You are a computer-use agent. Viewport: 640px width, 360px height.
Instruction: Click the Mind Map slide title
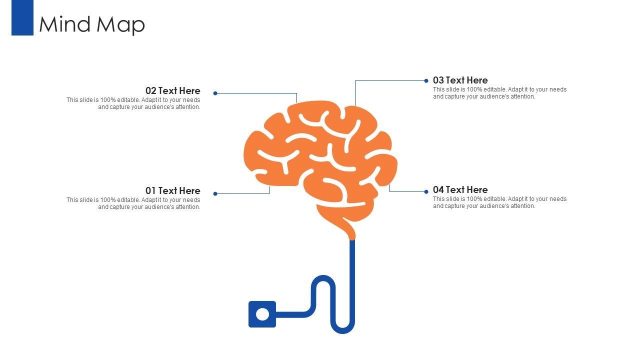tap(92, 24)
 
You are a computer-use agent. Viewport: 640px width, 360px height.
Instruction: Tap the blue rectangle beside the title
tap(22, 17)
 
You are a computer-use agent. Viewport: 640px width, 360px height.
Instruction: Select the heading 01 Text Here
tap(172, 190)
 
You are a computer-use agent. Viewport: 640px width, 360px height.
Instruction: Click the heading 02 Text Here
tap(172, 90)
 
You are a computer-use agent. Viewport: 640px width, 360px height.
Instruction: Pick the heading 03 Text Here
tap(460, 80)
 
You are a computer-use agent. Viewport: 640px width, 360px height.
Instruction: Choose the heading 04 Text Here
tap(460, 189)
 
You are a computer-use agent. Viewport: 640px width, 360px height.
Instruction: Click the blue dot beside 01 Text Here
tap(215, 193)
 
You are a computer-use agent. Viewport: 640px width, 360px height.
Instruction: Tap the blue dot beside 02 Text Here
tap(215, 93)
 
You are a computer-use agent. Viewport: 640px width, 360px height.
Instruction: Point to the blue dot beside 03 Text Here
tap(426, 80)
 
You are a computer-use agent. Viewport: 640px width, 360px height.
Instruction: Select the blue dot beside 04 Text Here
tap(426, 191)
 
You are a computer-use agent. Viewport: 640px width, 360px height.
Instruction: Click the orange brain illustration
tap(320, 160)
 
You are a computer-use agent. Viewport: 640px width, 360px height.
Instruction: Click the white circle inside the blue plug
tap(262, 314)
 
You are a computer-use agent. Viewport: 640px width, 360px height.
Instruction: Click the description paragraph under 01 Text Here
tap(133, 203)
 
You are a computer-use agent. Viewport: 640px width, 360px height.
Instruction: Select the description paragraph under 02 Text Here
tap(133, 103)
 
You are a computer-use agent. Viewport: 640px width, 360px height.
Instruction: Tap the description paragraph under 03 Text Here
tap(499, 93)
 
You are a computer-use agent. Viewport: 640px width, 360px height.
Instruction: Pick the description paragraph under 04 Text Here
tap(499, 202)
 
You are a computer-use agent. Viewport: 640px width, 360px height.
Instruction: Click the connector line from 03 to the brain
tap(390, 80)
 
